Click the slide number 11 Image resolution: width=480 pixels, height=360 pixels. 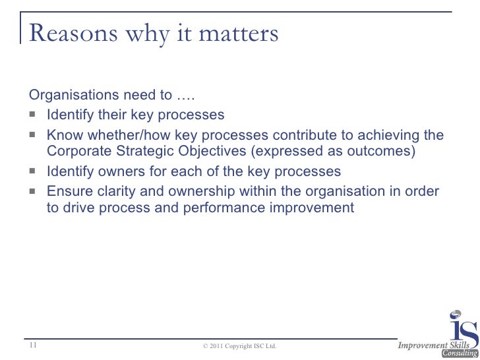pos(34,345)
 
